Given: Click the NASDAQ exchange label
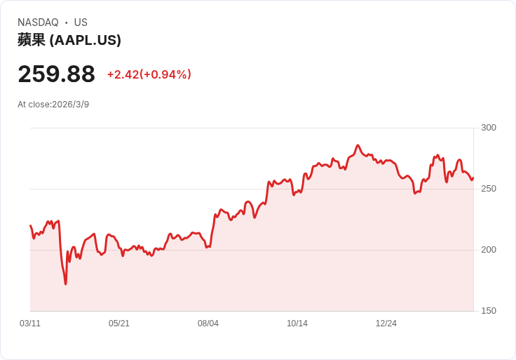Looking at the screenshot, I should click(x=38, y=22).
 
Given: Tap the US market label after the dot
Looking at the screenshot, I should click(x=81, y=22).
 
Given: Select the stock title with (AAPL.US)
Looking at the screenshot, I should click(x=69, y=40).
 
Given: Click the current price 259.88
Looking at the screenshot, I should click(x=56, y=74).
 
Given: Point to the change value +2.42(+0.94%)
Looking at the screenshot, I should click(x=149, y=74).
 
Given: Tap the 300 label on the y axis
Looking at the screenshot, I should click(x=488, y=127).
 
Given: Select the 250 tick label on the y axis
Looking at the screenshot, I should click(x=488, y=188).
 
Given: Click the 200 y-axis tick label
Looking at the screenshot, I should click(x=488, y=249).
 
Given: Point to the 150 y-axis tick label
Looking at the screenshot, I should click(x=488, y=310).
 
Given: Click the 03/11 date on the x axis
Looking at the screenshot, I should click(x=30, y=324).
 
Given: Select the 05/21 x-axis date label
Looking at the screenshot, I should click(x=119, y=324).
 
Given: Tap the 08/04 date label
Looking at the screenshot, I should click(x=208, y=324).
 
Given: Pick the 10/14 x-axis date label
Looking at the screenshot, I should click(x=297, y=324).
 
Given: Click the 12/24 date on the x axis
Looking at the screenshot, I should click(x=386, y=324).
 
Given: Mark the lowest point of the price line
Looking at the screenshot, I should click(x=66, y=284).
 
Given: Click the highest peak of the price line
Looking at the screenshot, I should click(x=358, y=145).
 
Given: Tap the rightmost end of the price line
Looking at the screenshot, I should click(x=473, y=178).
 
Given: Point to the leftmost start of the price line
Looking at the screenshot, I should click(x=31, y=226).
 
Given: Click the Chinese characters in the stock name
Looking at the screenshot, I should click(x=32, y=40).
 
